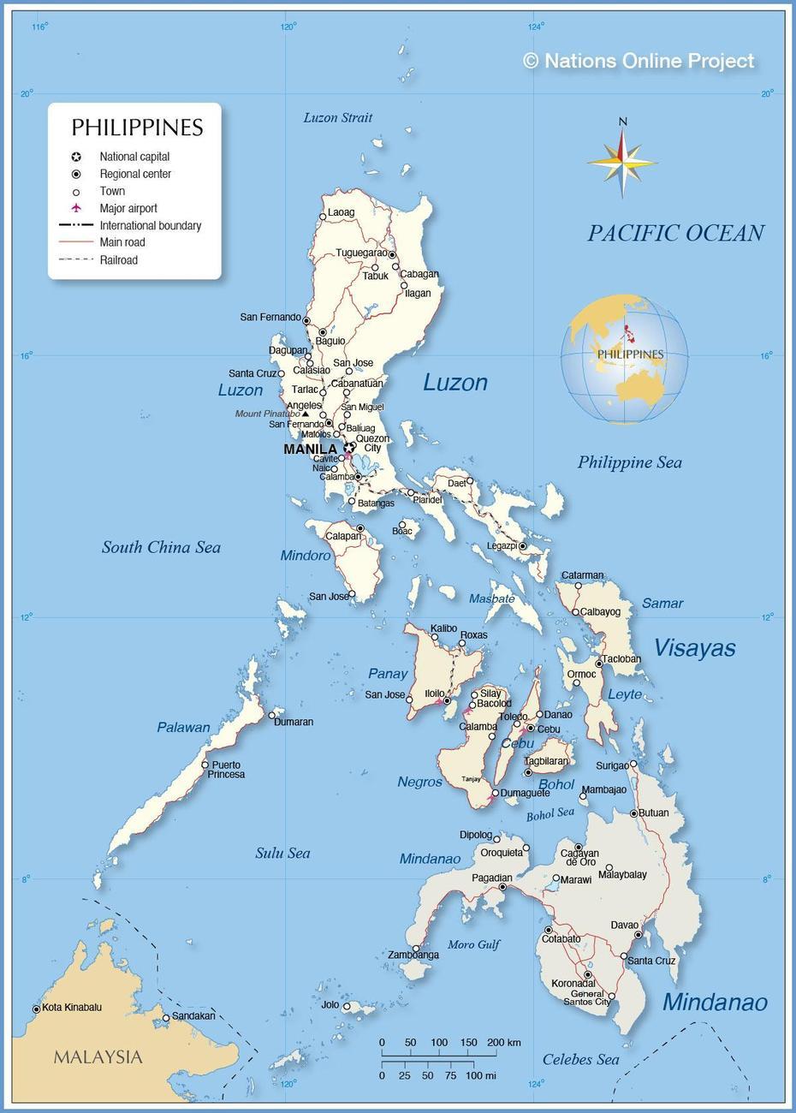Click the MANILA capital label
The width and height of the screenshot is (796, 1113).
[310, 449]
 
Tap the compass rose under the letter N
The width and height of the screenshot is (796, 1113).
[622, 161]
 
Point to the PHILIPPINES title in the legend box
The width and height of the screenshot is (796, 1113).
[137, 128]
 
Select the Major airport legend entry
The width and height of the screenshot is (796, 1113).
[128, 208]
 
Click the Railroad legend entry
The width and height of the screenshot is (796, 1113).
[118, 260]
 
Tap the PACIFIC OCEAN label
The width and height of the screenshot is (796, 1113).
[675, 233]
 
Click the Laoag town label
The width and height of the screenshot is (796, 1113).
[341, 212]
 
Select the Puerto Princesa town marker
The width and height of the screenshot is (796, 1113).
[205, 765]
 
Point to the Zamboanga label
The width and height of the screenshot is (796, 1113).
[413, 955]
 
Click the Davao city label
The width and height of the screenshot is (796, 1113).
[625, 925]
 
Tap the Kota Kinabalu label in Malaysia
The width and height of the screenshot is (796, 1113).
[72, 1007]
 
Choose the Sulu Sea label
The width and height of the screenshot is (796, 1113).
[282, 853]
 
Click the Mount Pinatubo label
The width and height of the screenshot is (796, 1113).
[267, 414]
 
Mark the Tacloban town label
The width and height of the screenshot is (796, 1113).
[621, 659]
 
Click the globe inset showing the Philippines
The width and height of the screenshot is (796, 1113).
[624, 359]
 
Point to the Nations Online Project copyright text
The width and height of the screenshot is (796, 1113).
[639, 61]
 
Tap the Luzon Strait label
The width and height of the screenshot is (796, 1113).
[338, 117]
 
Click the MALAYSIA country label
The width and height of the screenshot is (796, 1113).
[98, 1057]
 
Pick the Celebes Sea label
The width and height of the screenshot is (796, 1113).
[580, 1060]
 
